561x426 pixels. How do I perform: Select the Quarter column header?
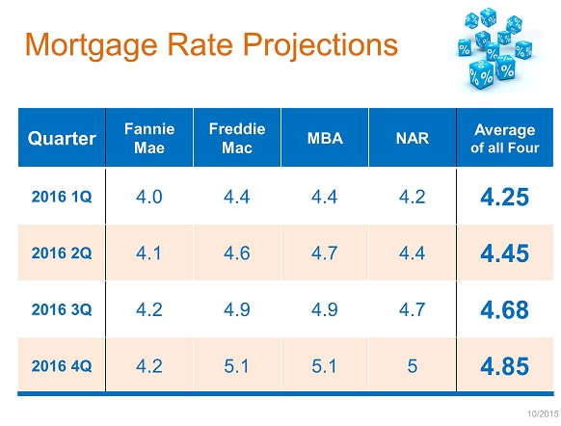coord(62,139)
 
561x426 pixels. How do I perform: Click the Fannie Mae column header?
coord(149,138)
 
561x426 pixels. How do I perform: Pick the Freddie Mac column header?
coord(237,138)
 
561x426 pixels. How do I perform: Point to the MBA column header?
coord(325,138)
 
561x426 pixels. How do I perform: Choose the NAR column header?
coord(413,138)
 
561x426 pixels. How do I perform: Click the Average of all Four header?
coord(504,139)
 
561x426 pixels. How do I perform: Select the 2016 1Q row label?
coord(62,197)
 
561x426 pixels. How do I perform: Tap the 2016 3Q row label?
coord(62,309)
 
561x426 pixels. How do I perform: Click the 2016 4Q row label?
coord(62,366)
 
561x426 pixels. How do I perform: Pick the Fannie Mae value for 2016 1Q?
coord(149,197)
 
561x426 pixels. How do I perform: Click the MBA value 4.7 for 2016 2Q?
coord(324,253)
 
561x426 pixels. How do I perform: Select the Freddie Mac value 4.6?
coord(237,253)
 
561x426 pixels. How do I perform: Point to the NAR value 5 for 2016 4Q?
coord(413,366)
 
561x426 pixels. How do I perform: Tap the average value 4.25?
coord(504,197)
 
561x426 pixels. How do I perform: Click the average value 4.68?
coord(504,309)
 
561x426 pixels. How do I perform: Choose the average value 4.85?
coord(504,366)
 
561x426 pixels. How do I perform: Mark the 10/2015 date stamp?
coord(543,414)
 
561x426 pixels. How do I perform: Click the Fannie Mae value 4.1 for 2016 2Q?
coord(148,253)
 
